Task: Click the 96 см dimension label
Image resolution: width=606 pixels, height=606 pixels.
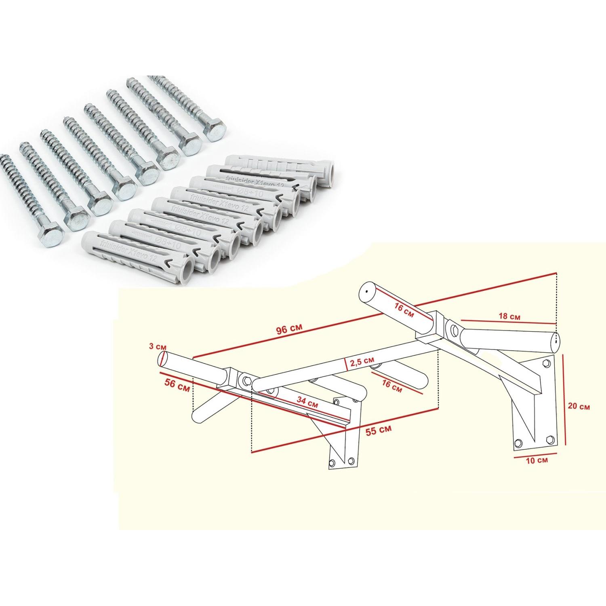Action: [x=289, y=329]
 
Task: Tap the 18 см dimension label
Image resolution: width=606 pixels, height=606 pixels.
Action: [x=509, y=316]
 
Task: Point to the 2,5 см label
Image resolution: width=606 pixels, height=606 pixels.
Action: [x=362, y=360]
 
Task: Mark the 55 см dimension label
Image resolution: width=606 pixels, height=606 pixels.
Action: [x=378, y=431]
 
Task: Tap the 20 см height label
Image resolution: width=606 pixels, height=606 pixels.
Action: [x=579, y=406]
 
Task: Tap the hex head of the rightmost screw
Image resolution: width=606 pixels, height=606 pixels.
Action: [x=216, y=131]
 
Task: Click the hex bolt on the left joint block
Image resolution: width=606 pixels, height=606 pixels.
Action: [x=245, y=380]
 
